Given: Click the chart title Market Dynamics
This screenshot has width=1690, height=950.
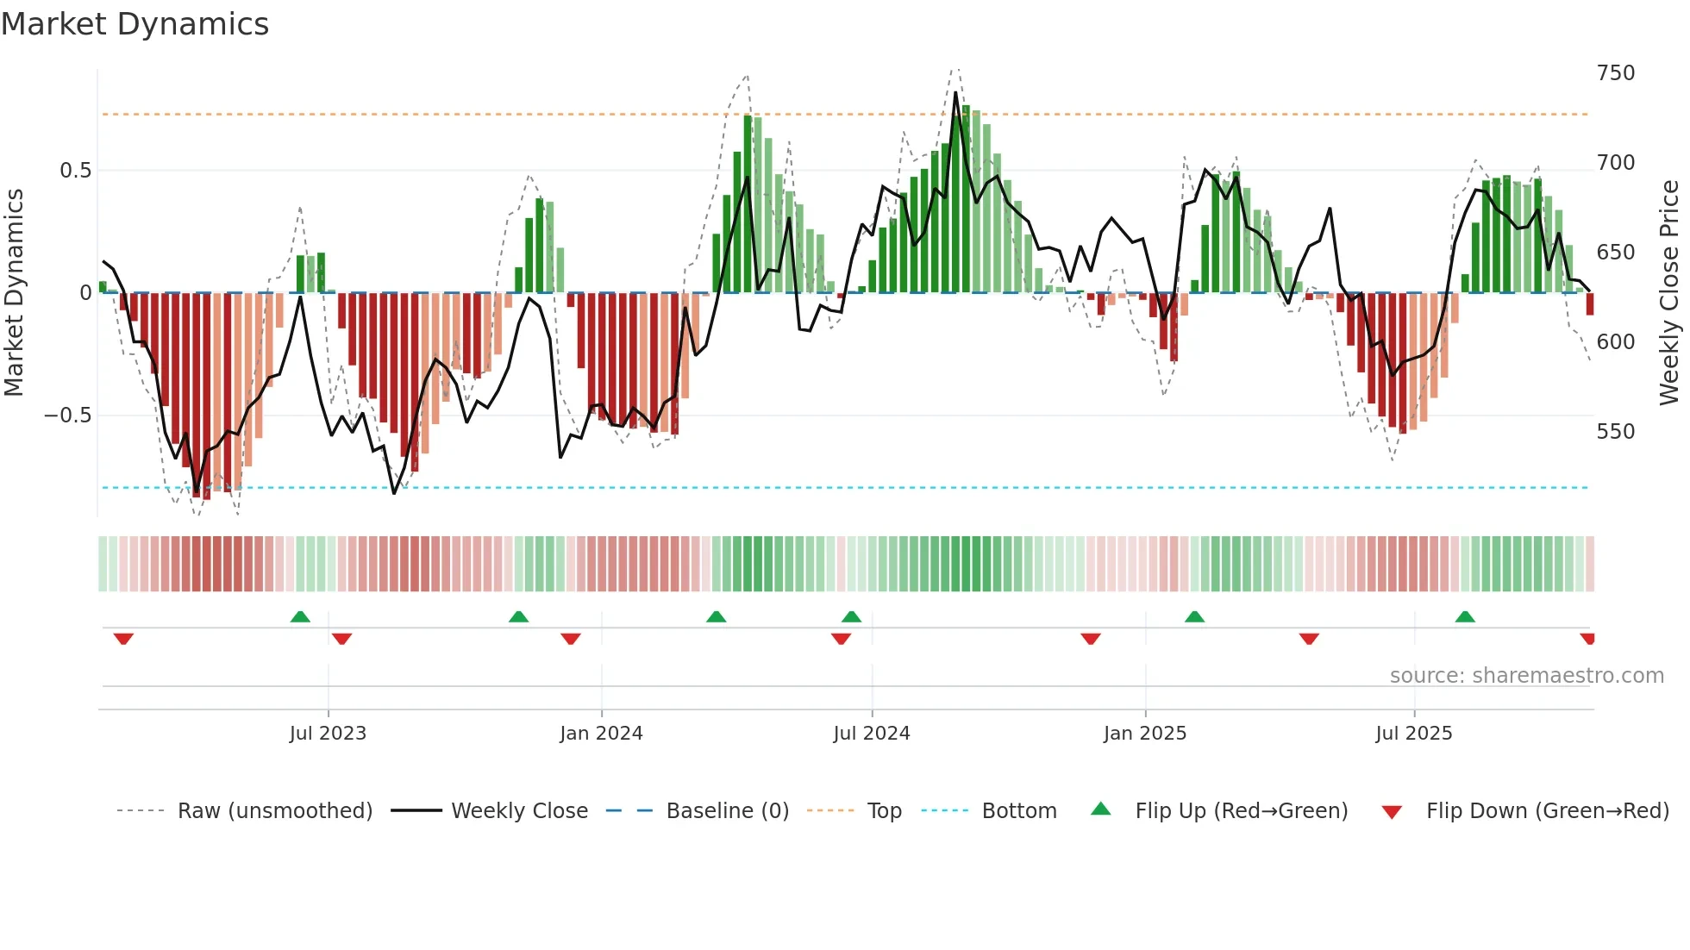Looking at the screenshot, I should coord(135,24).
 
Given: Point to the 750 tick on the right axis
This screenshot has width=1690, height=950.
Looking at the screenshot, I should coord(1615,73).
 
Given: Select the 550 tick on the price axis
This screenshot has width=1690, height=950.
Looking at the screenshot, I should coord(1615,432).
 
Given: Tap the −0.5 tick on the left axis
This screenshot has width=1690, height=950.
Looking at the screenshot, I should coord(68,416).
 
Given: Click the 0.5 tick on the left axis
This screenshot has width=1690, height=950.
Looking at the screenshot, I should coord(75,171).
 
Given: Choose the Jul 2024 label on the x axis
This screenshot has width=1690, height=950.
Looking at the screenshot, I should coord(871,734).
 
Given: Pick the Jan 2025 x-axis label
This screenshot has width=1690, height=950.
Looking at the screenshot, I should coord(1144,734).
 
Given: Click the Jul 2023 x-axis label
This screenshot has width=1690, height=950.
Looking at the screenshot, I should coord(328,734).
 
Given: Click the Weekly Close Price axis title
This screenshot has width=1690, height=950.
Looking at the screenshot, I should coord(1669,293).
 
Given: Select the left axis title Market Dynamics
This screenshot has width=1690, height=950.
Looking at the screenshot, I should coord(14,293).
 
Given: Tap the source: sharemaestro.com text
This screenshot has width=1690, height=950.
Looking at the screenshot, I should coord(1526,676).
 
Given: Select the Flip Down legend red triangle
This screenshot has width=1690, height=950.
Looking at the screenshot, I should coord(1391,812).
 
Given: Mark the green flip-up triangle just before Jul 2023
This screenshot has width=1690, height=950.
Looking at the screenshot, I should coord(300,617).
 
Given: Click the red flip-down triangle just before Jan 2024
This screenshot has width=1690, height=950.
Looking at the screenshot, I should coord(570,639).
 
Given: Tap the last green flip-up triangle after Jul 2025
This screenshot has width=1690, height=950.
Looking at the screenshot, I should coord(1464,617).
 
